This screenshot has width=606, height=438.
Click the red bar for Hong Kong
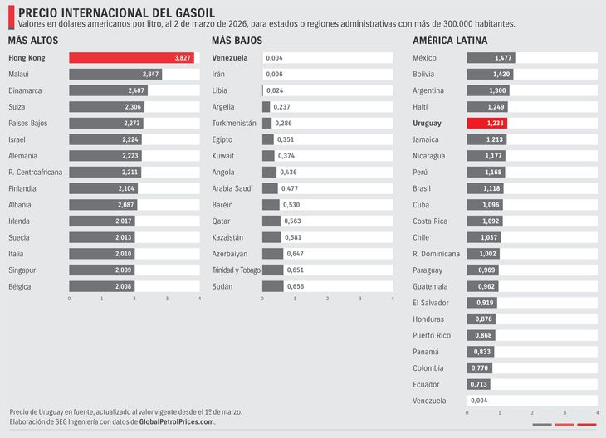click(131, 58)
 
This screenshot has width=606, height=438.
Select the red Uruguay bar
click(486, 123)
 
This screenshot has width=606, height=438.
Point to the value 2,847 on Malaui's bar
click(149, 75)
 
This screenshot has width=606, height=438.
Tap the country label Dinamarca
click(27, 90)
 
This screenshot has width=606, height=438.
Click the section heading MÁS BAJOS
click(237, 41)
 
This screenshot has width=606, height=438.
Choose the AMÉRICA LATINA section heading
click(449, 41)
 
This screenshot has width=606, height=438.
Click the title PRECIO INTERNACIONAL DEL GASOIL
click(115, 12)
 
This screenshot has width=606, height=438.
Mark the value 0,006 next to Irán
click(274, 75)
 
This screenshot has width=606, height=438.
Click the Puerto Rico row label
click(431, 335)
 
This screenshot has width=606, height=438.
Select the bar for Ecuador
click(478, 384)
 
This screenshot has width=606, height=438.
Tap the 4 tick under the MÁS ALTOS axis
click(200, 298)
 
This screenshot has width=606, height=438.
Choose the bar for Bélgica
click(101, 286)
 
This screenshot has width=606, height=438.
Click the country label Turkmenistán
click(234, 123)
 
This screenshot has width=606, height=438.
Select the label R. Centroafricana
click(35, 172)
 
